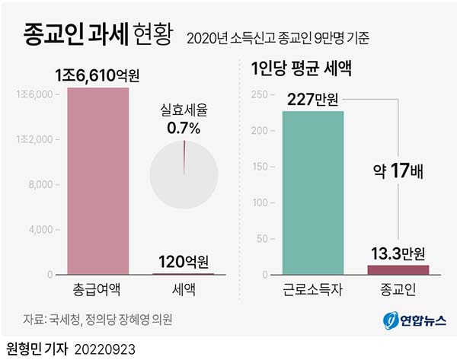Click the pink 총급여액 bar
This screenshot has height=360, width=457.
(98, 181)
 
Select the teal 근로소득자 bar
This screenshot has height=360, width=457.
(313, 193)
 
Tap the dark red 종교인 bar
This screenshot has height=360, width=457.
(398, 269)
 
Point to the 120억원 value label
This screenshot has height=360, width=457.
(183, 262)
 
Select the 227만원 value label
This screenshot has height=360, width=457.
(313, 99)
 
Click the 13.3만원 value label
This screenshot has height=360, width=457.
(398, 253)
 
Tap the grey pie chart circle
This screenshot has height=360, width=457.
(184, 174)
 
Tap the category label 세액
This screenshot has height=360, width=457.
(184, 289)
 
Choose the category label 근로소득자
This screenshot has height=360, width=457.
(313, 289)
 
